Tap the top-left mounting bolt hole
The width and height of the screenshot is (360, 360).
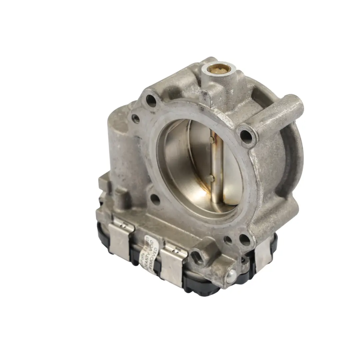click(151, 100)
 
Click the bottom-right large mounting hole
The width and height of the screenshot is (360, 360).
click(245, 240)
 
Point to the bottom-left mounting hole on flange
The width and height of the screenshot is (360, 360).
click(155, 199)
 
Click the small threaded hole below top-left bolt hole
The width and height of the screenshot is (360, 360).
click(136, 118)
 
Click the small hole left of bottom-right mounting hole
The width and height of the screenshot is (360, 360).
click(228, 239)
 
